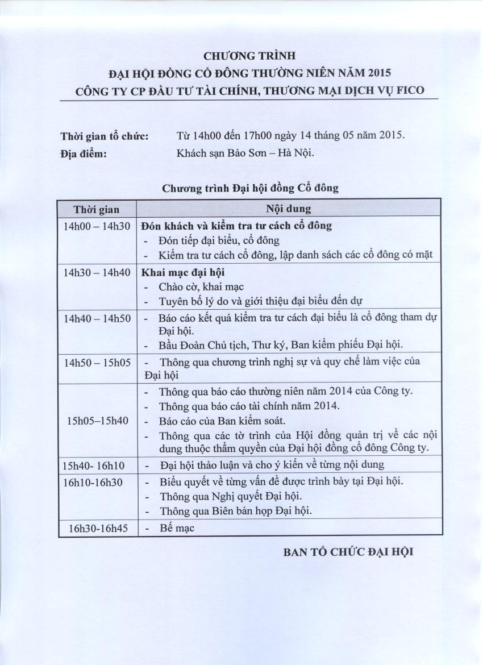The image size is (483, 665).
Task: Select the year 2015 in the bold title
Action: [380, 73]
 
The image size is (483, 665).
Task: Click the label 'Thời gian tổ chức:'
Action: [105, 136]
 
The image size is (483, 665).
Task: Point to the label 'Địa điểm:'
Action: [84, 152]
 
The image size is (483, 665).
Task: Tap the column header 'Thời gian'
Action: [97, 209]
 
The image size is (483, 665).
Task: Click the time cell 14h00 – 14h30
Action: [97, 226]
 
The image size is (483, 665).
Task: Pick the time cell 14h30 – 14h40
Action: [97, 272]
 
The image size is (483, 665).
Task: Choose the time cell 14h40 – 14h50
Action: [97, 318]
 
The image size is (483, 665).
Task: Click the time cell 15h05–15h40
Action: [98, 421]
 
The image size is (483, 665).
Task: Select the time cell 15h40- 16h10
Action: [94, 465]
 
